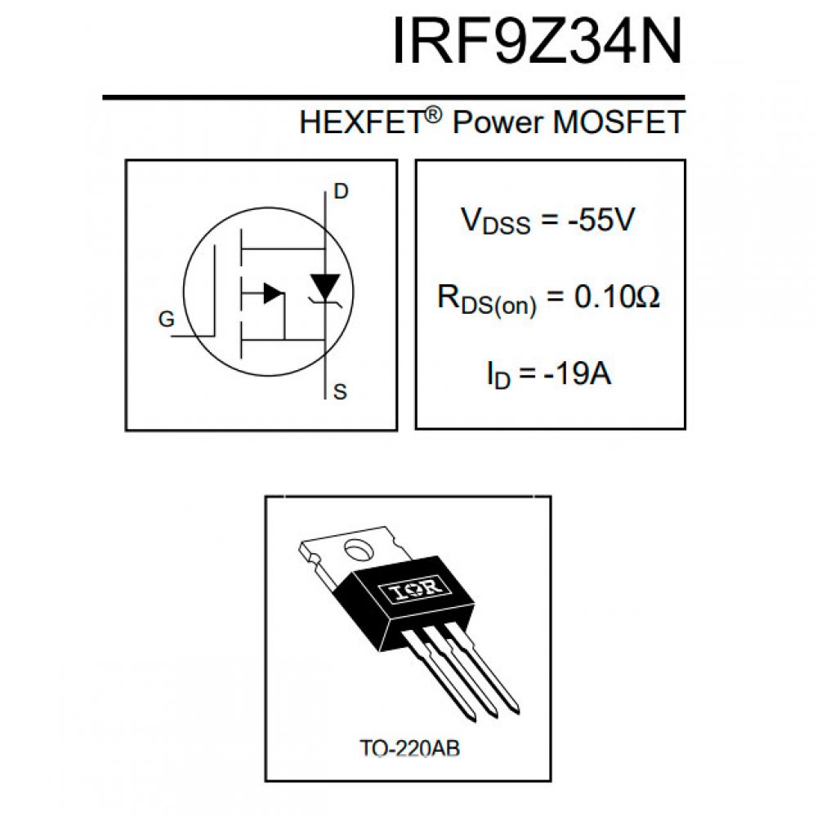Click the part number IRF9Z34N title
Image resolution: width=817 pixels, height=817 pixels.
(536, 40)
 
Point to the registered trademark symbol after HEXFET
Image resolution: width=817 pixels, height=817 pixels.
(433, 115)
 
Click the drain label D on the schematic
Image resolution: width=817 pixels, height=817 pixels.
(341, 193)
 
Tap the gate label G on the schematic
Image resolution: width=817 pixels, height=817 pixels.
(167, 320)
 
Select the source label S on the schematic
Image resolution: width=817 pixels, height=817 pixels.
(341, 393)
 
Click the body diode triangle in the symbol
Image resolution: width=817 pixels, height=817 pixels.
(326, 285)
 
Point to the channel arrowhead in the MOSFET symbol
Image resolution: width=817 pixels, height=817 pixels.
(273, 292)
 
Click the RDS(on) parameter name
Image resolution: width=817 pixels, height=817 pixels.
(487, 301)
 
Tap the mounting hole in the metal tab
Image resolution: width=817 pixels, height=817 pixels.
(357, 550)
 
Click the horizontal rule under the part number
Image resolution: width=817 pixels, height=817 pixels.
(392, 98)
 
